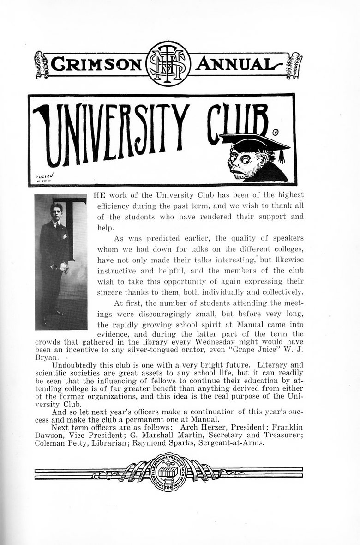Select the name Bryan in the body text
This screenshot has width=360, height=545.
point(47,357)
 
